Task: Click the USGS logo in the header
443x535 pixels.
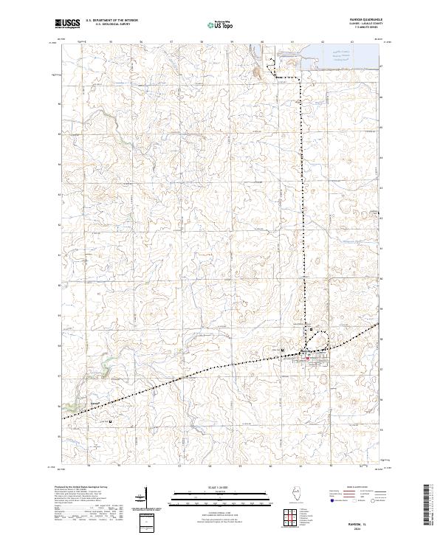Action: (x=69, y=24)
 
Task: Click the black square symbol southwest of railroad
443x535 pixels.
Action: (x=111, y=421)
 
